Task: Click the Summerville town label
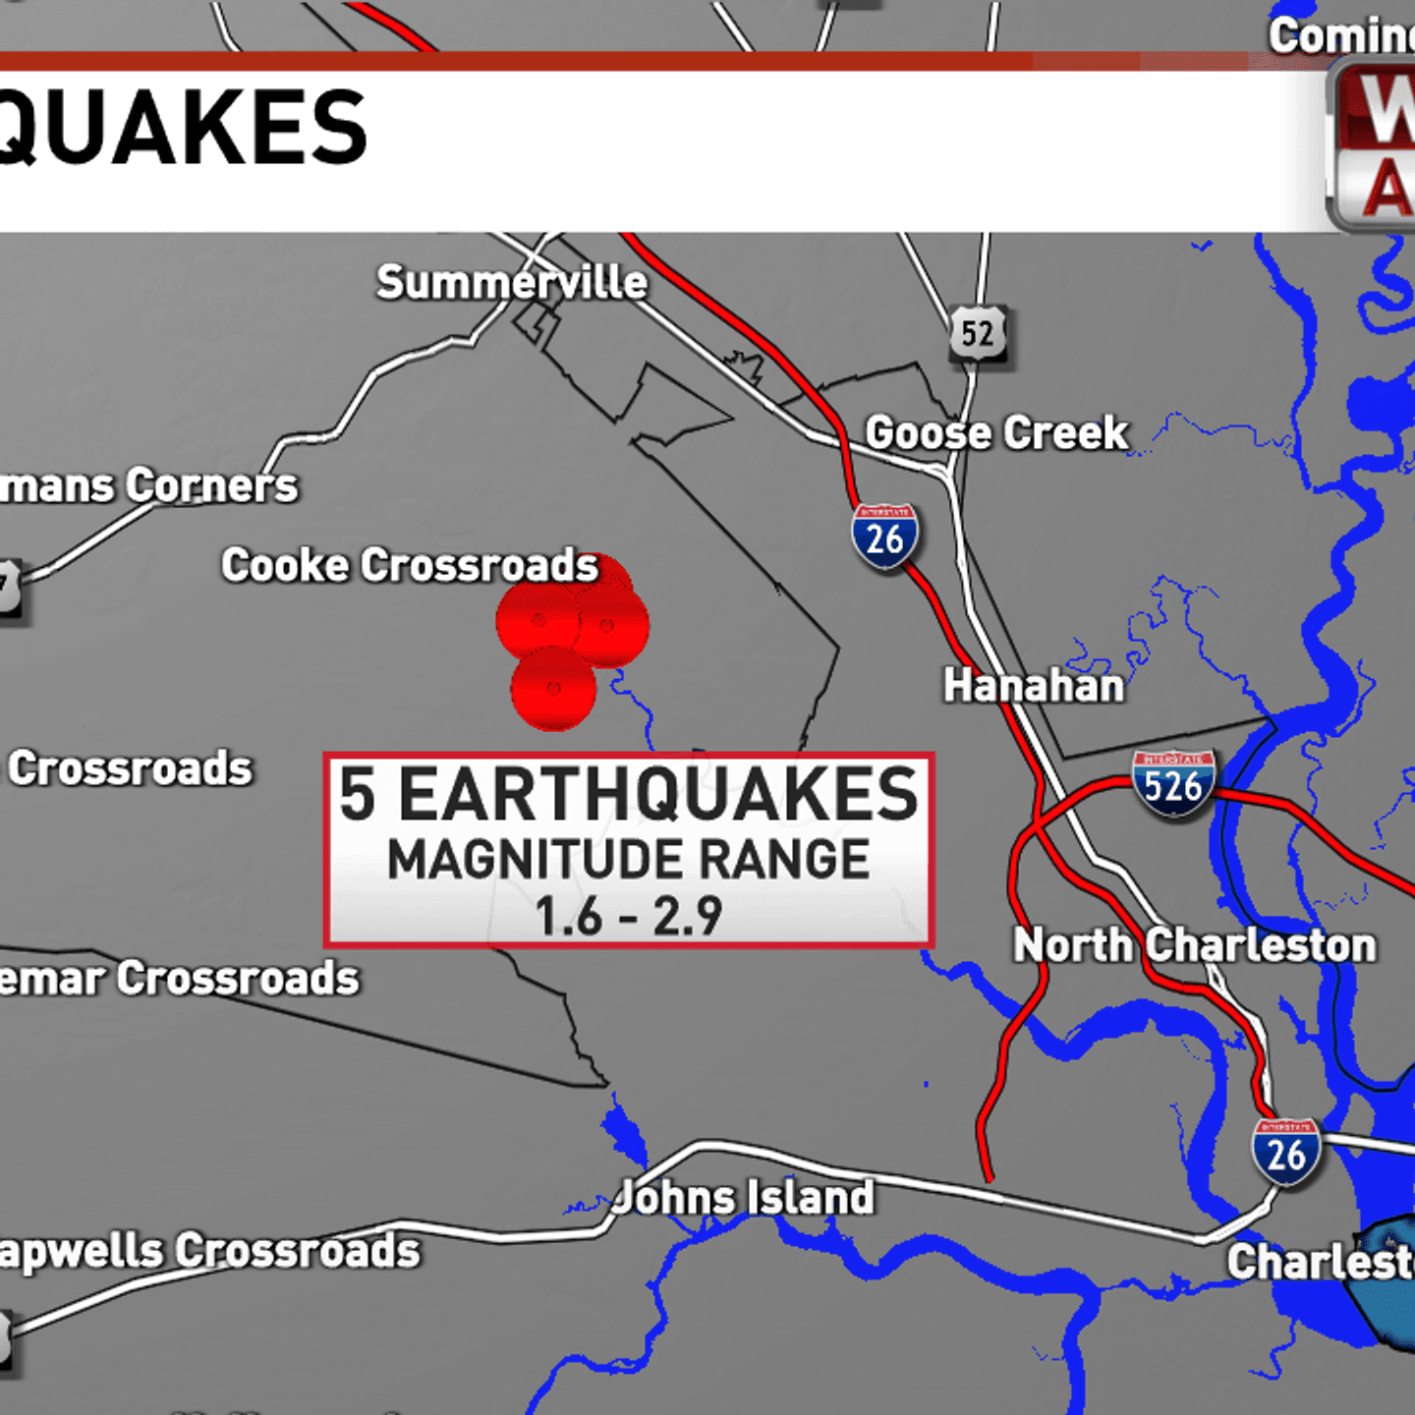512,283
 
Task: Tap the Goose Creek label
996,433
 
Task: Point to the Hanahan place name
1034,686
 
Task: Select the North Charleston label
1194,945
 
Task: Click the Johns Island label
744,1198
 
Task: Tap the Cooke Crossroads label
409,566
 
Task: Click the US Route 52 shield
978,334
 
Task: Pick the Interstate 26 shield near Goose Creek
884,537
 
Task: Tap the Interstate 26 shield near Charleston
1285,1152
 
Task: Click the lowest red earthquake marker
553,689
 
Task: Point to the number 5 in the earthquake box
358,794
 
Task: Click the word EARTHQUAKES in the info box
657,794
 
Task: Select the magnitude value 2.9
688,917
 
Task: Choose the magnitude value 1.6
568,917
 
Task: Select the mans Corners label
147,485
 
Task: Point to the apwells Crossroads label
208,1252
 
